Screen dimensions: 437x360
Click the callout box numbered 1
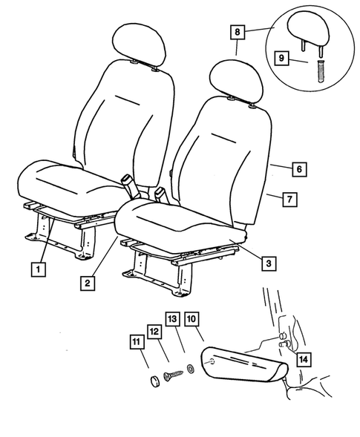click(x=36, y=269)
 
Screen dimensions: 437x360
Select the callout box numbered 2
click(x=88, y=282)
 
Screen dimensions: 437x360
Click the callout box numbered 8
click(x=237, y=33)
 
